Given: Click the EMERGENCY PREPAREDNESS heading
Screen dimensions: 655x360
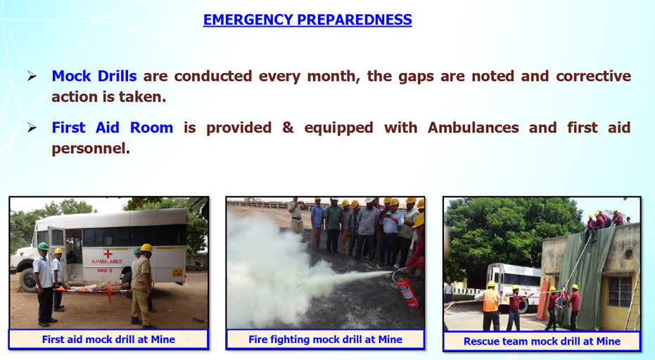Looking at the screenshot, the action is coord(307,20).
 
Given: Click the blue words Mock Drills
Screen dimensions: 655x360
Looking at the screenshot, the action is coord(94,76).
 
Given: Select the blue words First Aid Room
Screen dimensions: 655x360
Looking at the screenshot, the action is coord(113,127).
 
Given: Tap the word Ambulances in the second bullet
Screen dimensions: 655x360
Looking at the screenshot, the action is coord(473,127).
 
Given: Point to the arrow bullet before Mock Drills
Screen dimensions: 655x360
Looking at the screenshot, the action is coord(32,76).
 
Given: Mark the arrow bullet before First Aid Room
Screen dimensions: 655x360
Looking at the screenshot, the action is coord(32,127).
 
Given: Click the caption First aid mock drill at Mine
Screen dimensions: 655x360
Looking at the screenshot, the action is coord(108,340).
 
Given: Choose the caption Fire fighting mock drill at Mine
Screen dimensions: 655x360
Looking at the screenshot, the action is coord(326,340).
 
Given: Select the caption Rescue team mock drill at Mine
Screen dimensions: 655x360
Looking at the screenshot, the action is coord(542,342).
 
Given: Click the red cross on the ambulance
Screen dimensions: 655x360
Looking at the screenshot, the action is coord(108,254).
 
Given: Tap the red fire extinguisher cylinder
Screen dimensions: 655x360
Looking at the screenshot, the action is coord(407,290).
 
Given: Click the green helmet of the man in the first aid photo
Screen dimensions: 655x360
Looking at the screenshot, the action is coord(44,246).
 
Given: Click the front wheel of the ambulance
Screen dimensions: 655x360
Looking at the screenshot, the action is coord(28,280).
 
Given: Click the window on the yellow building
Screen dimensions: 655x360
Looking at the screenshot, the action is coord(620,291).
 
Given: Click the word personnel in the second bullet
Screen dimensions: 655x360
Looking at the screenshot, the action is coord(91,149).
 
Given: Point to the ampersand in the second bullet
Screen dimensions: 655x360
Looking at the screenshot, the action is coord(288,127).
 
